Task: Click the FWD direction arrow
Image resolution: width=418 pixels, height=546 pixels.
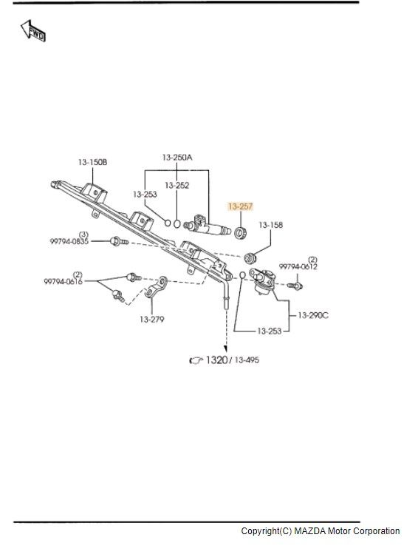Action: pos(32,30)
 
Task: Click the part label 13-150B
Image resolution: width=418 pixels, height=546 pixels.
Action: pos(92,162)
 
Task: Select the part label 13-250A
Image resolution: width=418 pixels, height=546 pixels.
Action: pos(177,158)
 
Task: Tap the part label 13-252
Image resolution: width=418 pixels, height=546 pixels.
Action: pos(177,185)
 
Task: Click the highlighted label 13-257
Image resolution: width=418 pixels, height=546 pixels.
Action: pos(240,206)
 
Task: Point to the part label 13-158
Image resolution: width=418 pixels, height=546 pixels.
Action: pos(271,225)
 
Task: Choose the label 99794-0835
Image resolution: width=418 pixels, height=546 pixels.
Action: pos(69,241)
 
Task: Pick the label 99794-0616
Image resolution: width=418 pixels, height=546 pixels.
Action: pos(64,281)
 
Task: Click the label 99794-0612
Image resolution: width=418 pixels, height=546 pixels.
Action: pos(298,267)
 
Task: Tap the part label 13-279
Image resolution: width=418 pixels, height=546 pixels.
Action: pos(152,320)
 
